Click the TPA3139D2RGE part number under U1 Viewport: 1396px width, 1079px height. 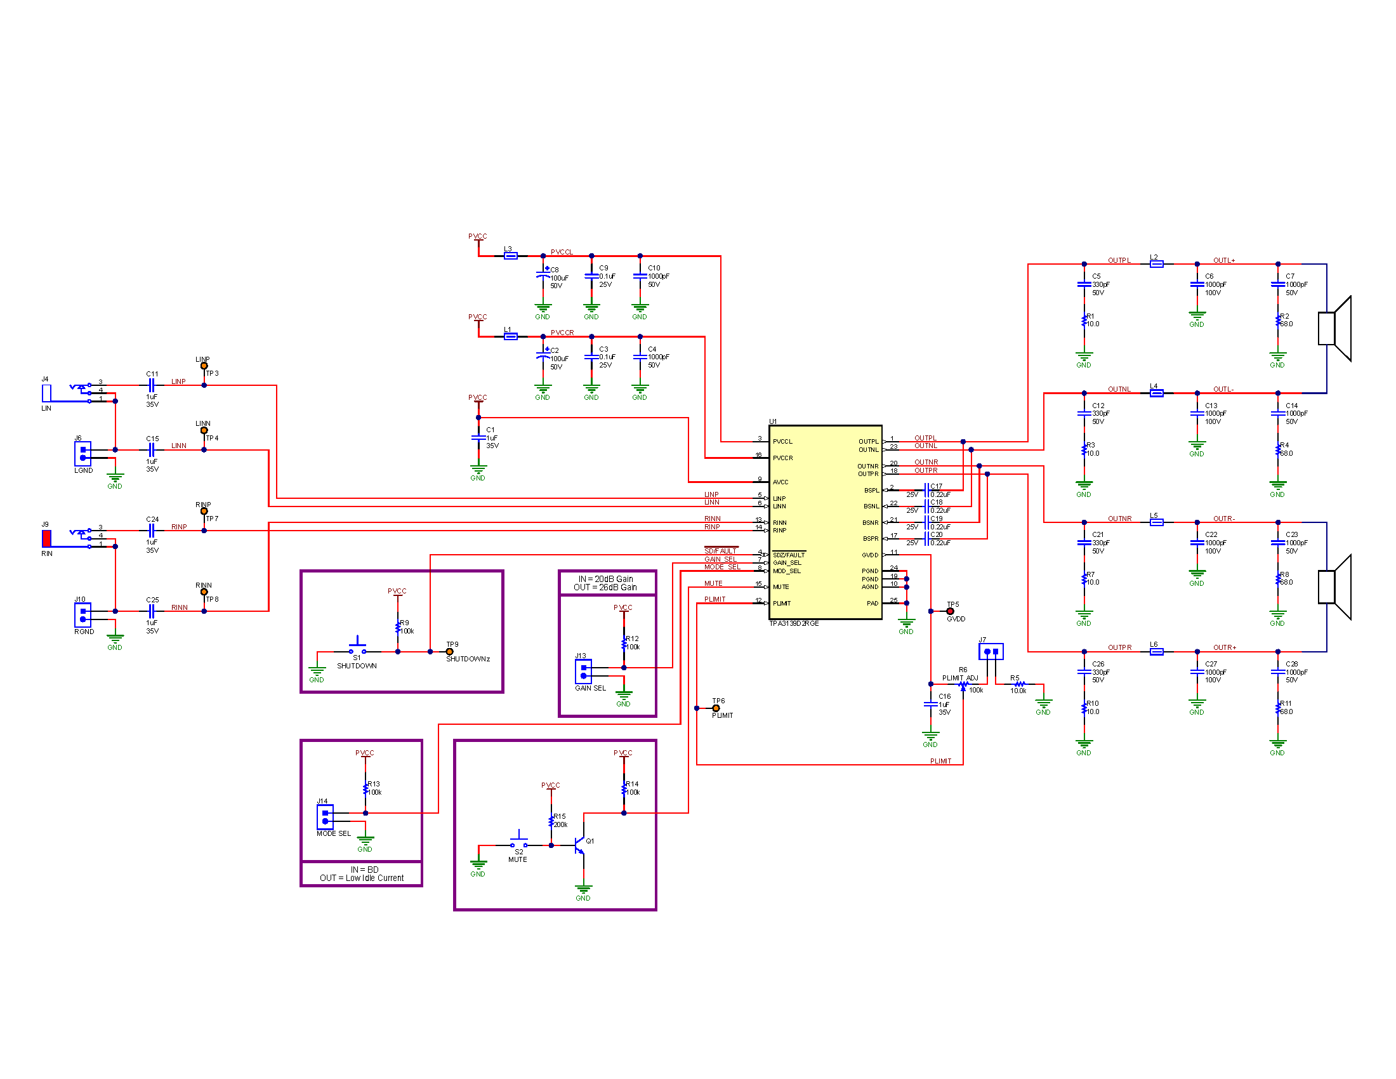pyautogui.click(x=793, y=623)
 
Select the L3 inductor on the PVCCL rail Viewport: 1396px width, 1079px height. pyautogui.click(x=510, y=256)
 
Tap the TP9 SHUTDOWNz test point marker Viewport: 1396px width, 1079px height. pyautogui.click(x=449, y=652)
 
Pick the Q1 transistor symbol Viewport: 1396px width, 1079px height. pyautogui.click(x=580, y=845)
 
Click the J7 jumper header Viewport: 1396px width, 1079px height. pyautogui.click(x=991, y=651)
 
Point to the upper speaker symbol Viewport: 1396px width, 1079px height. pyautogui.click(x=1334, y=329)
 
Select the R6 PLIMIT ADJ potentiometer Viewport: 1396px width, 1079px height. pyautogui.click(x=963, y=685)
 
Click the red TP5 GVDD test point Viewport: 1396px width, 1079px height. pyautogui.click(x=950, y=611)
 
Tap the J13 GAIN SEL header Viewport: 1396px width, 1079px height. pyautogui.click(x=583, y=671)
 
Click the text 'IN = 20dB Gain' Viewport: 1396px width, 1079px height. pyautogui.click(x=605, y=578)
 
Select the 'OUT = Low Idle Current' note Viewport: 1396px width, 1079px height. pyautogui.click(x=362, y=878)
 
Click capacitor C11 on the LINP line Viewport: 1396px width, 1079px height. pyautogui.click(x=152, y=385)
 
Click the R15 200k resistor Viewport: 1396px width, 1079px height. pyautogui.click(x=551, y=821)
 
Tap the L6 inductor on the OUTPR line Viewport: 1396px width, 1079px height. pyautogui.click(x=1156, y=652)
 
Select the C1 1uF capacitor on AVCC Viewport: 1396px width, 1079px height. pyautogui.click(x=478, y=438)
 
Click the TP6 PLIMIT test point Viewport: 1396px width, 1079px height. pyautogui.click(x=716, y=708)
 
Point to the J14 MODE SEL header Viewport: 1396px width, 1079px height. pyautogui.click(x=325, y=817)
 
